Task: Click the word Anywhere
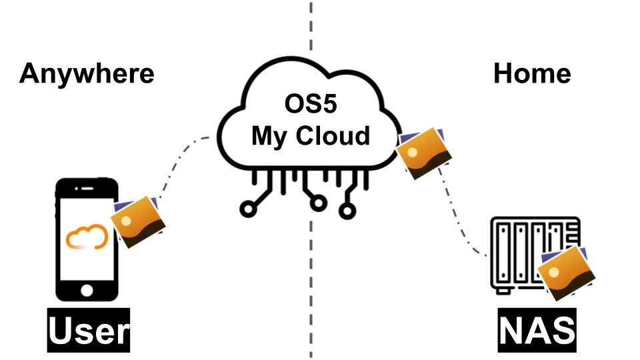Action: pos(87,73)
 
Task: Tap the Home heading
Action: pos(532,73)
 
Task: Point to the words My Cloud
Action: pos(310,136)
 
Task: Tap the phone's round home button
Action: pos(87,291)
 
